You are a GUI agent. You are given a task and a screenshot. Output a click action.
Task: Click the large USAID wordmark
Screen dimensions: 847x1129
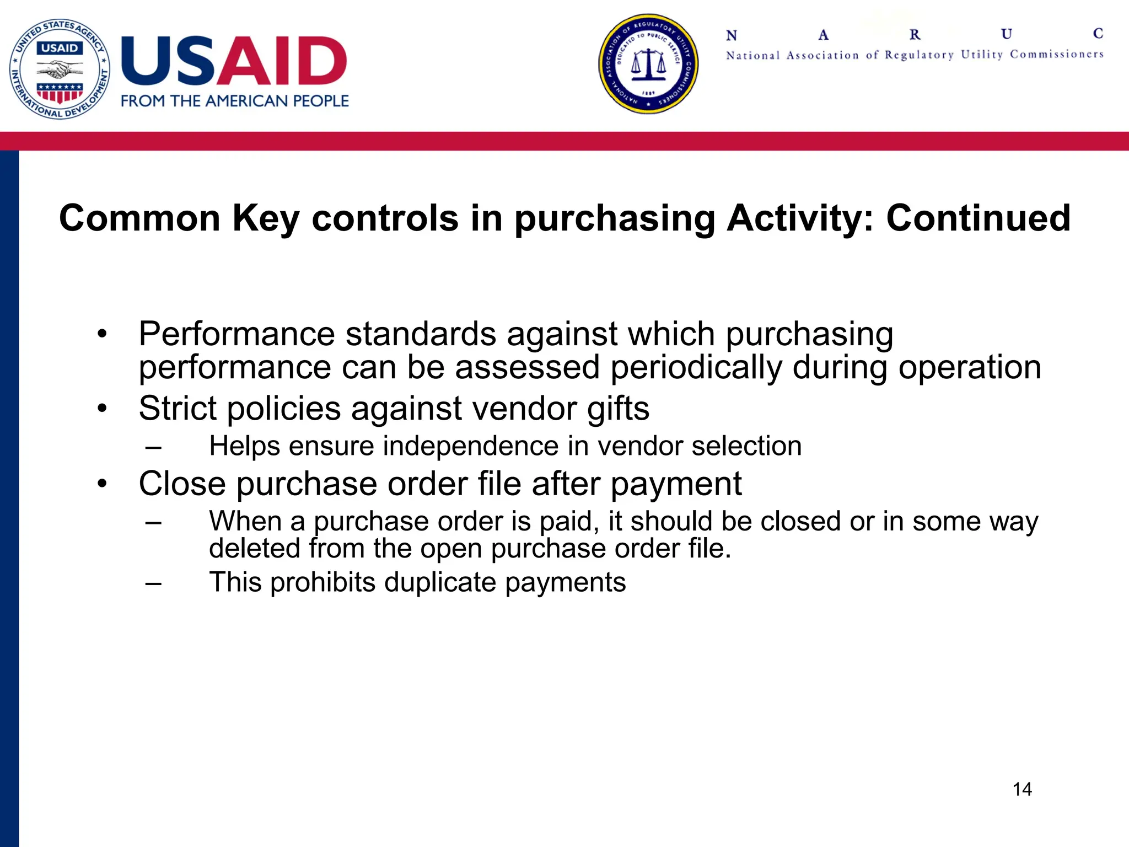(234, 61)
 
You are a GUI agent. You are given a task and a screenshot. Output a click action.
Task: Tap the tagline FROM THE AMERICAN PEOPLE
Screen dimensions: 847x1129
(235, 101)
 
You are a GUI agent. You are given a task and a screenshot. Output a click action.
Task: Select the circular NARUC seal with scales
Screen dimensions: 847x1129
(648, 64)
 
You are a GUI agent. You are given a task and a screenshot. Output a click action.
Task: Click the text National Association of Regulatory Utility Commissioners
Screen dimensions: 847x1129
(915, 55)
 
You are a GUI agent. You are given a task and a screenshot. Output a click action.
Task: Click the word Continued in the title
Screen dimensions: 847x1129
(978, 218)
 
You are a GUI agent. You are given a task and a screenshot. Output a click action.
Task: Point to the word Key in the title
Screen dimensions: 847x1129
(266, 218)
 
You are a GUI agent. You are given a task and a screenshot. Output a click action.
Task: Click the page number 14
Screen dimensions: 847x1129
(1022, 789)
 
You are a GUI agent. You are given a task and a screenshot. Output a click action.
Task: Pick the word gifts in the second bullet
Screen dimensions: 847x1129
(618, 409)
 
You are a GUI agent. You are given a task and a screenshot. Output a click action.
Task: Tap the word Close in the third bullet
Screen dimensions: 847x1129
(182, 484)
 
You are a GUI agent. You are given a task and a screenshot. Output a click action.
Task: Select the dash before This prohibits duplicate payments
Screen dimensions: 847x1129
(154, 583)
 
